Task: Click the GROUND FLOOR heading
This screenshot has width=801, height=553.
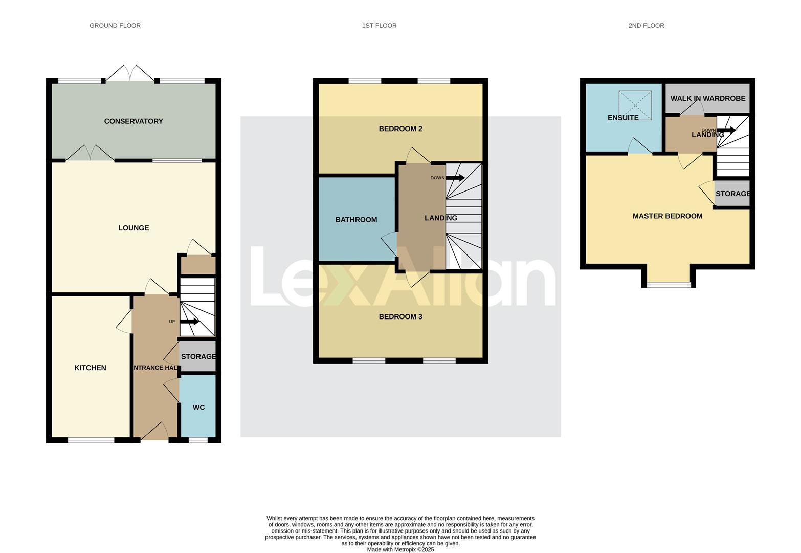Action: (115, 25)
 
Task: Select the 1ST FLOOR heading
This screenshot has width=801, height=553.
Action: (379, 25)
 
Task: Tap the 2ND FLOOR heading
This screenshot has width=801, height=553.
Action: (646, 25)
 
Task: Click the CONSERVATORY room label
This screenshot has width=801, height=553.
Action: (133, 121)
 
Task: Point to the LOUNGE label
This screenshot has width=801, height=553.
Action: (133, 228)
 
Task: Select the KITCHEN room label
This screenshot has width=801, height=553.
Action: (90, 368)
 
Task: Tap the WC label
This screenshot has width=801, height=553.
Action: (198, 407)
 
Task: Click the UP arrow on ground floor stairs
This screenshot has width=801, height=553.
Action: (189, 322)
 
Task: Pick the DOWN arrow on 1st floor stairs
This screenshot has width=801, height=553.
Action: (455, 178)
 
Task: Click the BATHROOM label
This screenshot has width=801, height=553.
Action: (356, 220)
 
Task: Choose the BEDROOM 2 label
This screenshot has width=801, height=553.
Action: (400, 129)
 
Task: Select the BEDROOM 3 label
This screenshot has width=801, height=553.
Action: (400, 316)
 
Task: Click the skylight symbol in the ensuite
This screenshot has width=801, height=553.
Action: (635, 105)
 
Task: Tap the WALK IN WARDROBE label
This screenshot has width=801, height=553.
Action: (708, 98)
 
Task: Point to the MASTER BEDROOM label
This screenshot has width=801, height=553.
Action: (667, 216)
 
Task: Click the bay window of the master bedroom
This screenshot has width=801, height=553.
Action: (669, 284)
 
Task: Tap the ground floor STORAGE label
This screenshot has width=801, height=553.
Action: (198, 356)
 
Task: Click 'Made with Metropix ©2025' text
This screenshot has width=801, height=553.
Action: (400, 549)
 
